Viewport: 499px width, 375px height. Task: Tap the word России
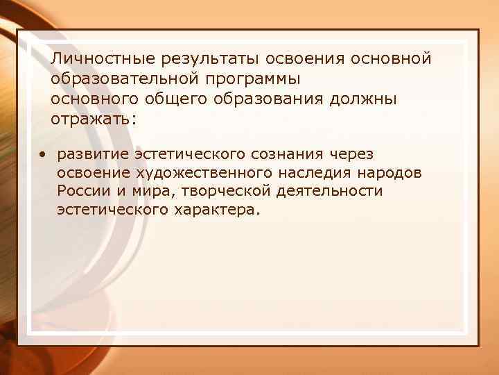(x=82, y=190)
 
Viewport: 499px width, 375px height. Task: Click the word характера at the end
(x=212, y=209)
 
